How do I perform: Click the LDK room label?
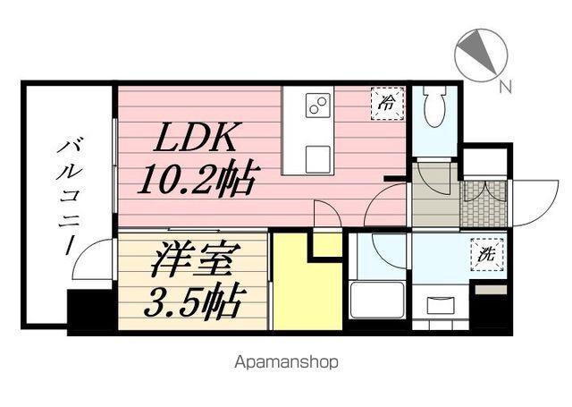pyautogui.click(x=198, y=139)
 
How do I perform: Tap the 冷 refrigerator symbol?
pyautogui.click(x=387, y=102)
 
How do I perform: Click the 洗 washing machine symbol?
pyautogui.click(x=489, y=254)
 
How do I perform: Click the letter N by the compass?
pyautogui.click(x=506, y=87)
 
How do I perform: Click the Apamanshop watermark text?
pyautogui.click(x=286, y=363)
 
